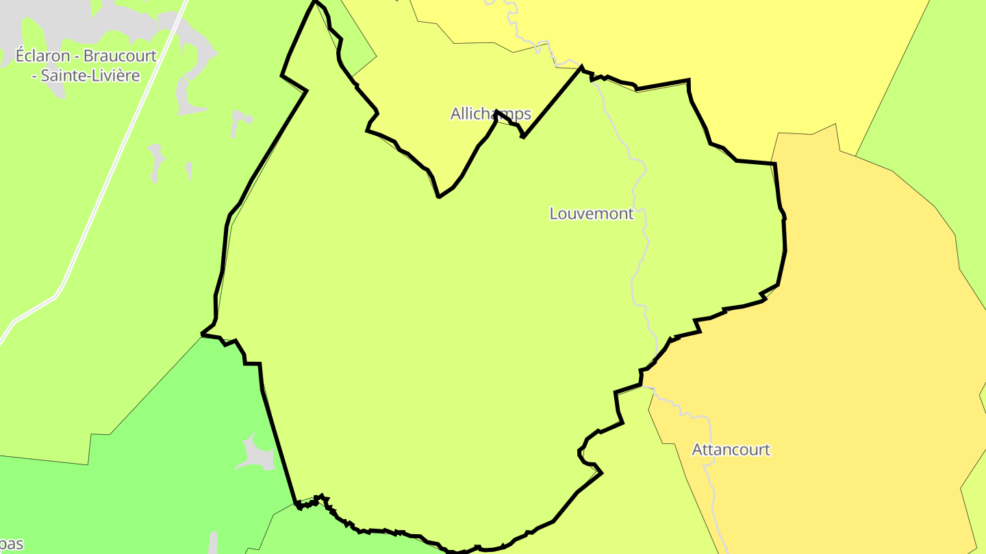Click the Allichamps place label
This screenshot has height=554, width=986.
(490, 114)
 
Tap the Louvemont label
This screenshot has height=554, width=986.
(592, 213)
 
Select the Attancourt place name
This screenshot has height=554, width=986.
(731, 450)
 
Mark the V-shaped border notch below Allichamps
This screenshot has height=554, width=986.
(439, 196)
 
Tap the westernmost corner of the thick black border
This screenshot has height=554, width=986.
(202, 334)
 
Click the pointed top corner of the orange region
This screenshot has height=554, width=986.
(835, 125)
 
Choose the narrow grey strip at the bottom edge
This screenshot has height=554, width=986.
(213, 544)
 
